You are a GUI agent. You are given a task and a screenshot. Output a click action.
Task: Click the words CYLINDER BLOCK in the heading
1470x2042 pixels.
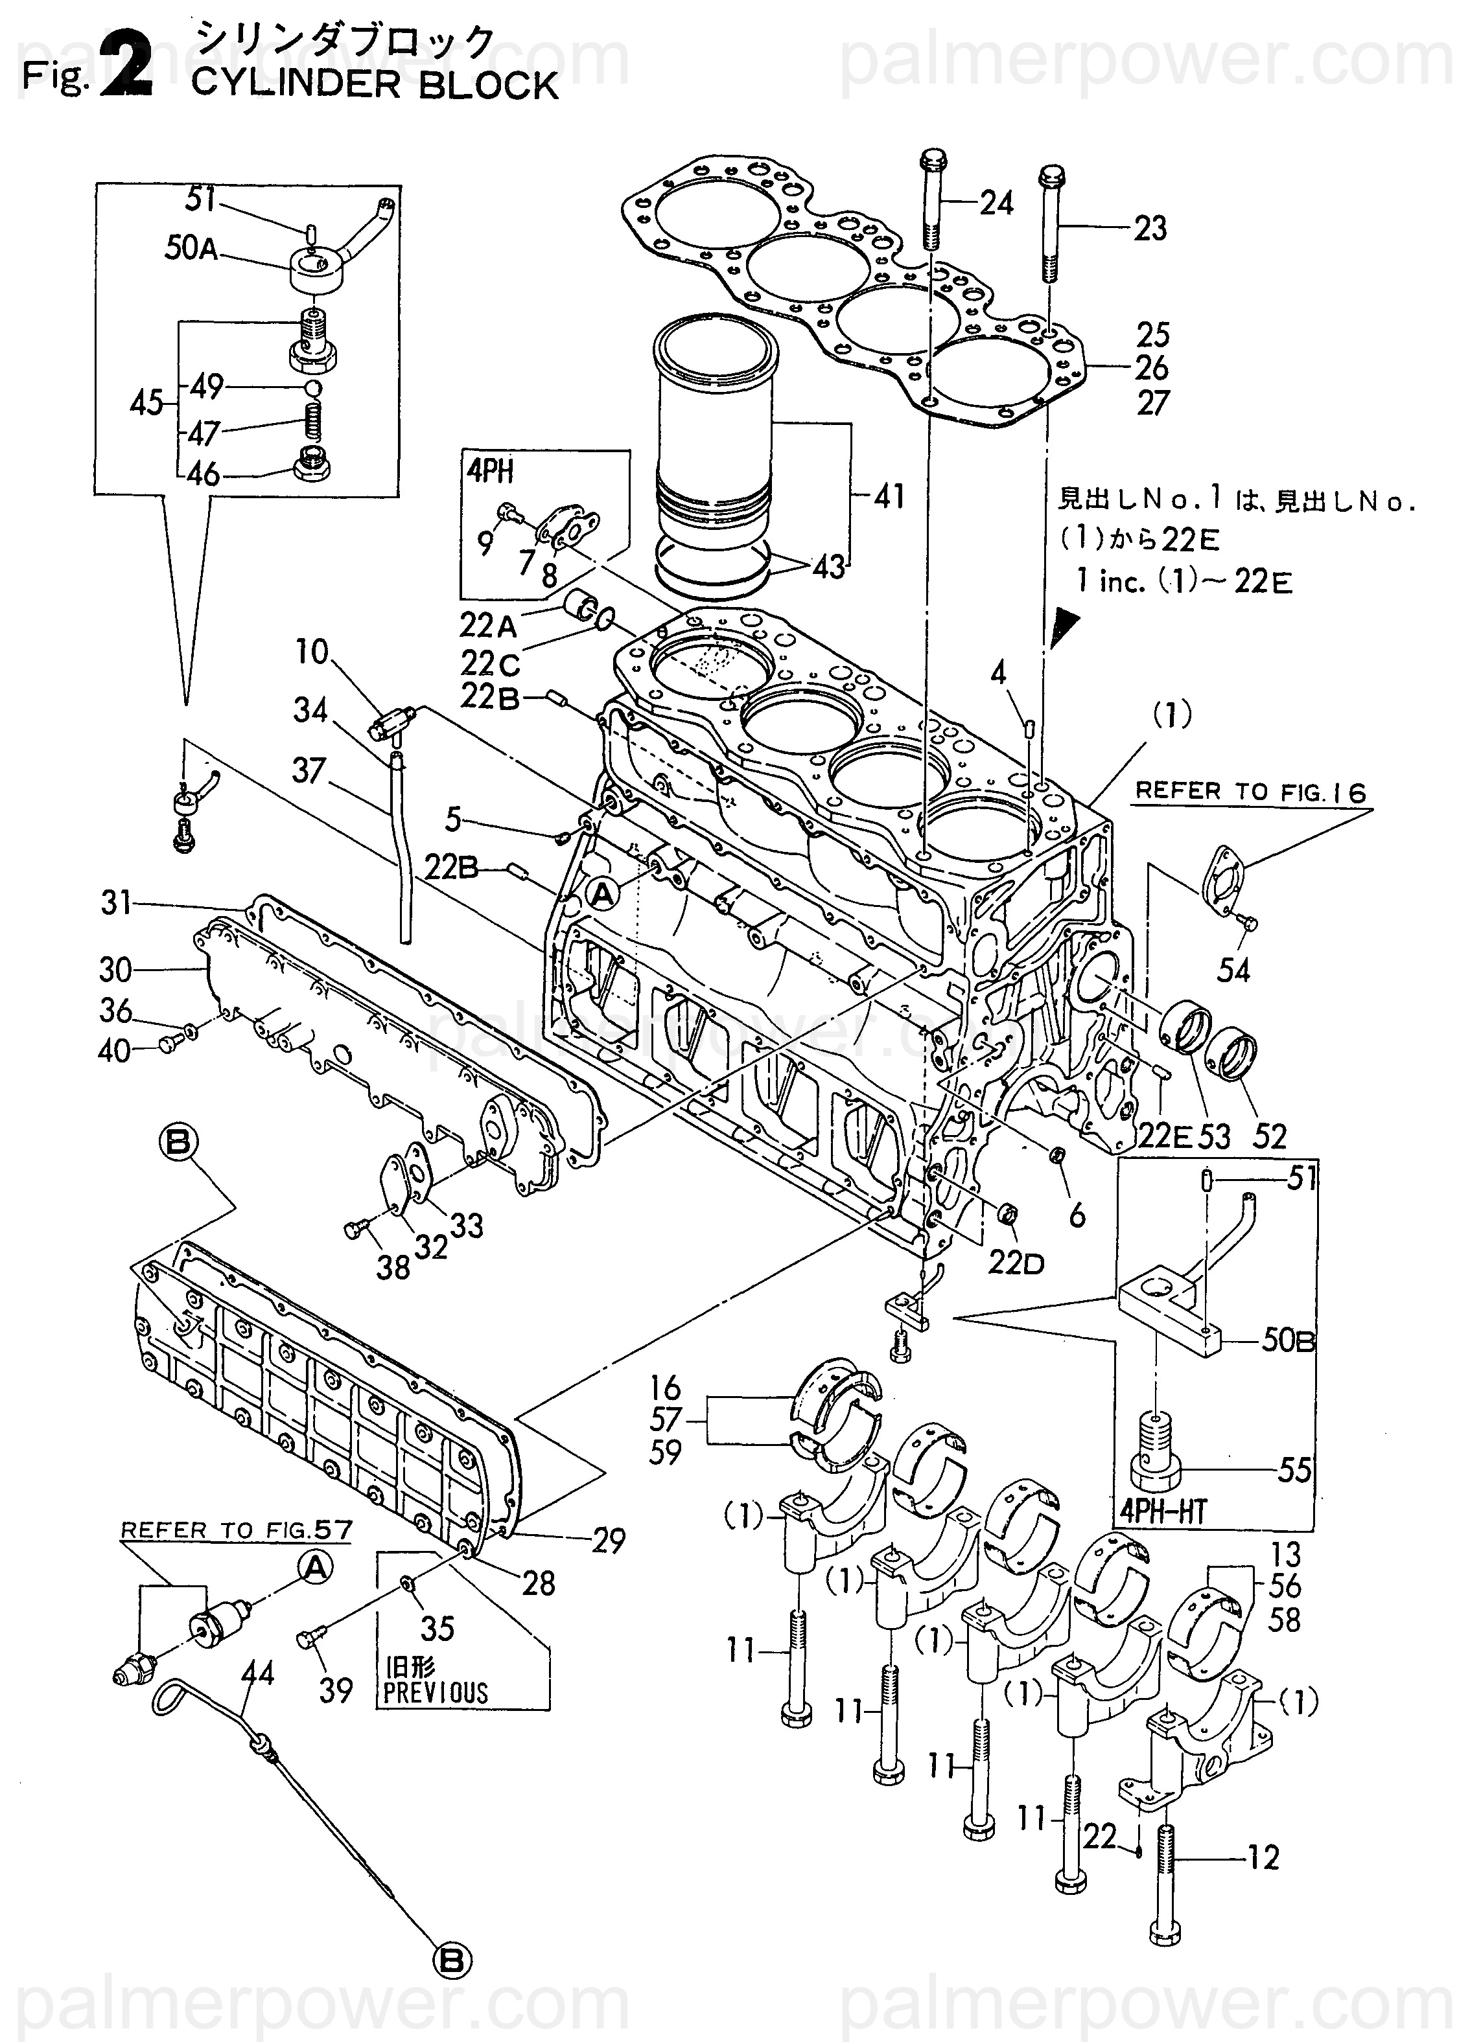[x=375, y=86]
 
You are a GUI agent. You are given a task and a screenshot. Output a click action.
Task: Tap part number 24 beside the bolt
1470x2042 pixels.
[x=996, y=203]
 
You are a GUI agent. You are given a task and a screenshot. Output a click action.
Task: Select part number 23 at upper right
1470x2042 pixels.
[x=1149, y=229]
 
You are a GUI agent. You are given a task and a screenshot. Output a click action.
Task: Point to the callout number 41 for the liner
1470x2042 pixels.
[x=889, y=496]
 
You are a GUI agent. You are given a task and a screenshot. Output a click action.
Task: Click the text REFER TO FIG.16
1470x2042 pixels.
[x=1250, y=792]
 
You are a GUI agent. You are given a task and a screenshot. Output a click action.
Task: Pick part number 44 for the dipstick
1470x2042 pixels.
[x=257, y=1674]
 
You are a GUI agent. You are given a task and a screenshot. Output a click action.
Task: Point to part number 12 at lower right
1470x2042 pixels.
[x=1262, y=1857]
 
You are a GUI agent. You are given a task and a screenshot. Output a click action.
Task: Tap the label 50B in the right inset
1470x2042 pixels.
[x=1288, y=1342]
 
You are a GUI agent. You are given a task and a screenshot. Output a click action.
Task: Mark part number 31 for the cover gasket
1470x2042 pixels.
[x=116, y=903]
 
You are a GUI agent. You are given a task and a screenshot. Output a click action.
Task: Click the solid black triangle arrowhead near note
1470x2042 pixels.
[x=1065, y=626]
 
